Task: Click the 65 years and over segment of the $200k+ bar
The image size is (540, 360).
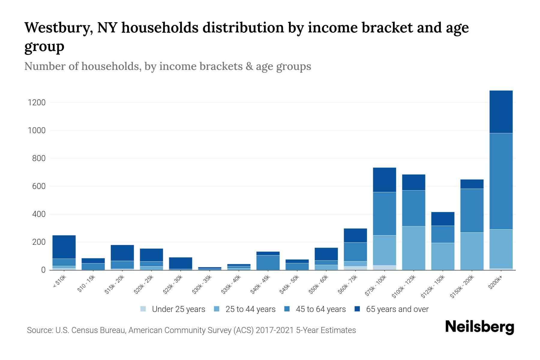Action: pyautogui.click(x=501, y=112)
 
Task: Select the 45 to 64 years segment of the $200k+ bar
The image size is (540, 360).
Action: pyautogui.click(x=501, y=181)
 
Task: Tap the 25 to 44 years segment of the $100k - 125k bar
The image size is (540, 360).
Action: pyautogui.click(x=413, y=248)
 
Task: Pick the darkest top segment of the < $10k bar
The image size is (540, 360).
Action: pyautogui.click(x=64, y=247)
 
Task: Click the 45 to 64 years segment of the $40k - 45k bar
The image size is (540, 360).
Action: pyautogui.click(x=268, y=262)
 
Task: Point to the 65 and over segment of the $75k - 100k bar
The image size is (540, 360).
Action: pyautogui.click(x=384, y=180)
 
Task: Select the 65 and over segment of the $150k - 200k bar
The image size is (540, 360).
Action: pyautogui.click(x=472, y=184)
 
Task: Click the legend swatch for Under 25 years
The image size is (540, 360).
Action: pyautogui.click(x=143, y=309)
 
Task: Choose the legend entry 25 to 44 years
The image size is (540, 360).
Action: pyautogui.click(x=250, y=309)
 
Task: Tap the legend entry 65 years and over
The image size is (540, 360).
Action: pyautogui.click(x=397, y=309)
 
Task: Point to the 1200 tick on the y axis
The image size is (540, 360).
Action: pyautogui.click(x=37, y=103)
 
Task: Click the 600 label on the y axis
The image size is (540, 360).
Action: pyautogui.click(x=39, y=186)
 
